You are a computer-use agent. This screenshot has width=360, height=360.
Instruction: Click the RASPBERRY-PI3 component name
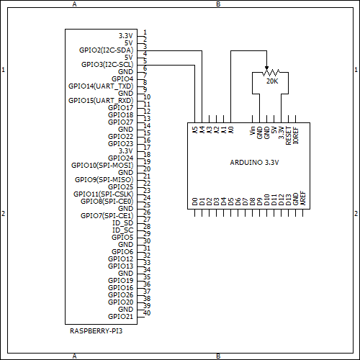pyautogui.click(x=96, y=330)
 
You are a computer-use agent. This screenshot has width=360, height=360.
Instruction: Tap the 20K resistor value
pyautogui.click(x=271, y=81)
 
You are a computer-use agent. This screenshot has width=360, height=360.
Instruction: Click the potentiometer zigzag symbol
pyautogui.click(x=271, y=73)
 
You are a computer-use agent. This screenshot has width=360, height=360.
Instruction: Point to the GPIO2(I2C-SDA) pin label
pyautogui.click(x=106, y=50)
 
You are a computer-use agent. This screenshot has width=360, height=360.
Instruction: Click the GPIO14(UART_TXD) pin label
pyautogui.click(x=101, y=86)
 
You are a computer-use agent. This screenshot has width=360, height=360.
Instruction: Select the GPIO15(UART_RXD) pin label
pyautogui.click(x=101, y=100)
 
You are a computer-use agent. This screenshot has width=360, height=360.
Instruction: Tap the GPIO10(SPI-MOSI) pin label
pyautogui.click(x=102, y=165)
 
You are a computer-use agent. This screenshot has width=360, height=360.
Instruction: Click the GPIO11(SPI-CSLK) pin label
pyautogui.click(x=103, y=194)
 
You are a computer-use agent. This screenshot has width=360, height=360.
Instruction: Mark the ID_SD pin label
pyautogui.click(x=122, y=222)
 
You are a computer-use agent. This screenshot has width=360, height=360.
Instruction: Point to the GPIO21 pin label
pyautogui.click(x=120, y=316)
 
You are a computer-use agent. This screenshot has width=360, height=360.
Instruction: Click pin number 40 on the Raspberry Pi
pyautogui.click(x=146, y=313)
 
